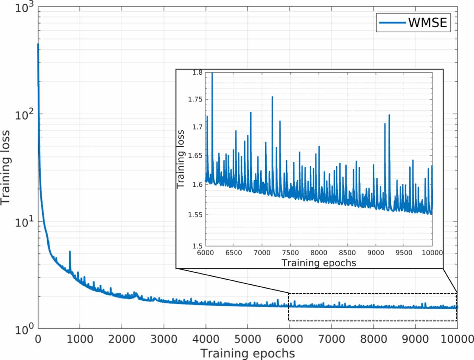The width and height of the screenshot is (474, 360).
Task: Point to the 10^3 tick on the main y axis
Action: point(25,7)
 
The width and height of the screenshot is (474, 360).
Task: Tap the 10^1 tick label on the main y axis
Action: point(25,222)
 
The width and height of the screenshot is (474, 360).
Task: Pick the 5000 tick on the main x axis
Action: point(247,339)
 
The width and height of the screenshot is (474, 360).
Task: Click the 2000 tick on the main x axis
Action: point(122,339)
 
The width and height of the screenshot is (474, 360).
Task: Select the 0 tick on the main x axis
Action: point(38,339)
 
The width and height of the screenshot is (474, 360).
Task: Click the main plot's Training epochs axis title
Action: point(247,353)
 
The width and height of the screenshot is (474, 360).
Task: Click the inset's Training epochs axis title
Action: point(319,263)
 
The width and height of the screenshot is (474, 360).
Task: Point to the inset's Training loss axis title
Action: point(181,159)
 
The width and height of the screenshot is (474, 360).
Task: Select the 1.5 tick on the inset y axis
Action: point(197,246)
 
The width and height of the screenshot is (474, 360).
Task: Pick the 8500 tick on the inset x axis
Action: point(347,253)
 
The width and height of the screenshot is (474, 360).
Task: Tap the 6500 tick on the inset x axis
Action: point(234,253)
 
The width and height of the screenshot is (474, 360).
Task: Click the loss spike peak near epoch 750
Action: point(70,252)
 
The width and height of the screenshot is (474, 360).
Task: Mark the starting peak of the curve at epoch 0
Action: point(38,44)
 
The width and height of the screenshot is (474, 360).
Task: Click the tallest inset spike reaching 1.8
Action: point(212,73)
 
